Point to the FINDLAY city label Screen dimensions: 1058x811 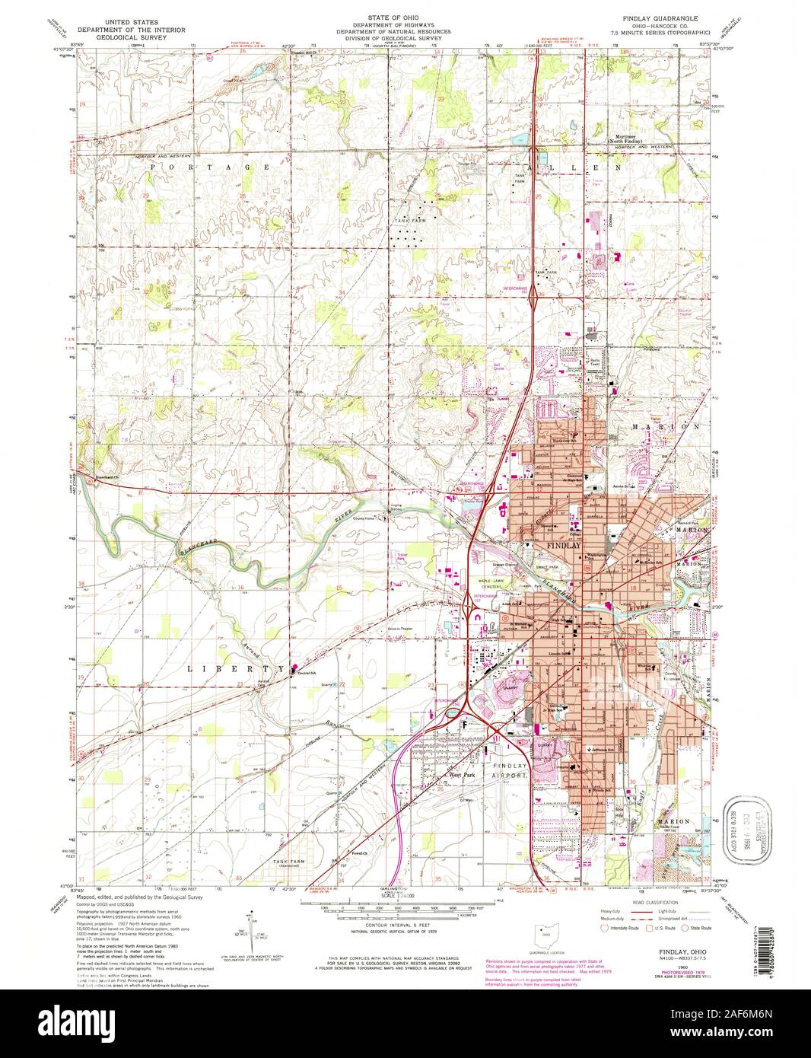coord(564,546)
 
